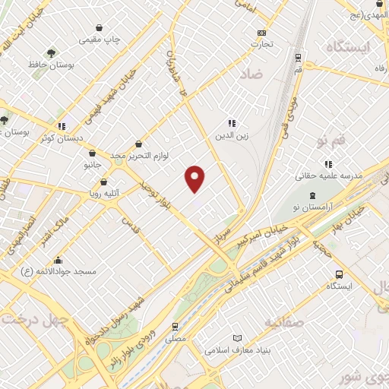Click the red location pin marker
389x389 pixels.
click(196, 178)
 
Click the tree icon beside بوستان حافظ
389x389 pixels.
click(51, 53)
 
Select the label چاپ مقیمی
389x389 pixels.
click(104, 38)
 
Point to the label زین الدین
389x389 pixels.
click(232, 136)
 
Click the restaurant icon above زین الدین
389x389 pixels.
click(232, 123)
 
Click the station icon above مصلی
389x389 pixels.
click(176, 327)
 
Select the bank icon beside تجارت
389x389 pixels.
click(262, 33)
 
